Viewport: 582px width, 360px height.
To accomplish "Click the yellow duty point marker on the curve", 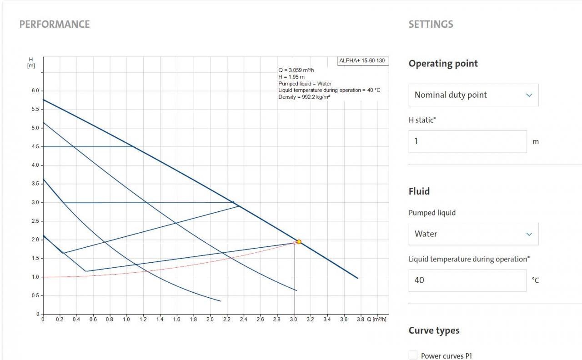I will (x=299, y=242).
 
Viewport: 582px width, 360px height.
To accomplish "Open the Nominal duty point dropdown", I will (x=473, y=95).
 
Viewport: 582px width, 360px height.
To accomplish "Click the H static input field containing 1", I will (x=467, y=141).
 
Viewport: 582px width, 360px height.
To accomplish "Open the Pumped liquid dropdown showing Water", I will (x=473, y=234).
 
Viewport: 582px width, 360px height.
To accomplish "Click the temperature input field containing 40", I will (x=467, y=280).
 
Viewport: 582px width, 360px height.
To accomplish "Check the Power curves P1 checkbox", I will (x=413, y=355).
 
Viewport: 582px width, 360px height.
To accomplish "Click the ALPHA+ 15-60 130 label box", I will (x=363, y=60).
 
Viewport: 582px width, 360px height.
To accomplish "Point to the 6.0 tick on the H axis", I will (x=35, y=91).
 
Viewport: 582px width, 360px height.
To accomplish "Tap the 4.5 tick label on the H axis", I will (x=35, y=147).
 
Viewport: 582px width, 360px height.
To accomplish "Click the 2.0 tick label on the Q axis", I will (x=210, y=320).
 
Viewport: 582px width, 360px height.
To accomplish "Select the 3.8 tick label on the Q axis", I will (x=360, y=320).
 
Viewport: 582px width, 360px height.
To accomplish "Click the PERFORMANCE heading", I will (x=55, y=24).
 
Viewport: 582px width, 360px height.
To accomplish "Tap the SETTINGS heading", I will (x=431, y=24).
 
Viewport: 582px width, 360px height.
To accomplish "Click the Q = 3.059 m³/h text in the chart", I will (x=296, y=70).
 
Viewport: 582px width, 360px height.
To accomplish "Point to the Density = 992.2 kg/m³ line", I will (x=304, y=97).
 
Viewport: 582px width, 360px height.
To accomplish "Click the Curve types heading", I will (x=434, y=330).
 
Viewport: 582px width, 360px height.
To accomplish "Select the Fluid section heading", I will (x=418, y=191).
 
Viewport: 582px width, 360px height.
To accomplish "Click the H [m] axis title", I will (x=31, y=63).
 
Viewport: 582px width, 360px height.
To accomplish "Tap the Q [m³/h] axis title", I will (x=377, y=320).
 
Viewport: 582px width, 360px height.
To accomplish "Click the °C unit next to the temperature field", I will (x=535, y=280).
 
